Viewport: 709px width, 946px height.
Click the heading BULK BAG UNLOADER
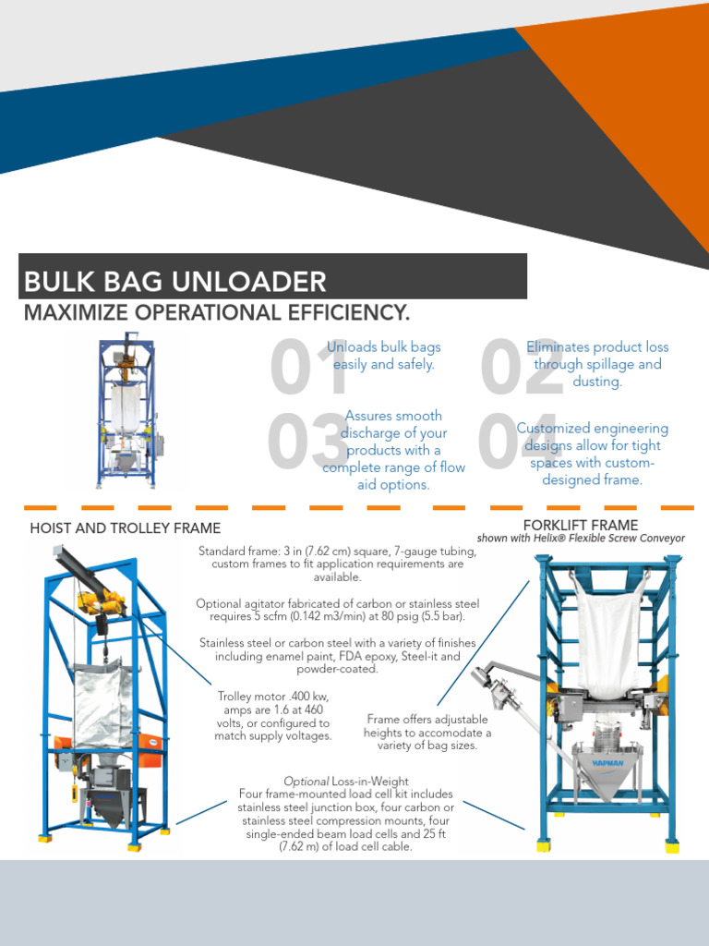[174, 282]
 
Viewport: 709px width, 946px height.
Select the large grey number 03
[306, 442]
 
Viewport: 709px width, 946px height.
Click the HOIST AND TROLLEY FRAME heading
[125, 528]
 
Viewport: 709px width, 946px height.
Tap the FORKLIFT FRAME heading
[580, 526]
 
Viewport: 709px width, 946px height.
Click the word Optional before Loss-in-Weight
[306, 782]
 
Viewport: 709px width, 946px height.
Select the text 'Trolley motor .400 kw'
[272, 696]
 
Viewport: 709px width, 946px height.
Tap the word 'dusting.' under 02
[597, 381]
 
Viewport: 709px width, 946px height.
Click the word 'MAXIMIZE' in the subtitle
[77, 312]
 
